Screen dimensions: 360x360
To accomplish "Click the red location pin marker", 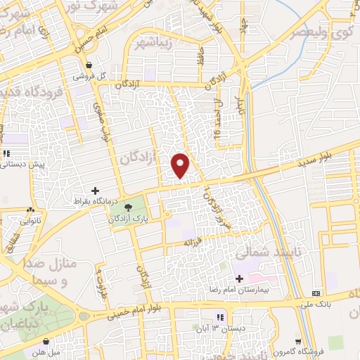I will (181, 165).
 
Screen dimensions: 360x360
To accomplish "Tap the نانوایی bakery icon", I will (30, 210).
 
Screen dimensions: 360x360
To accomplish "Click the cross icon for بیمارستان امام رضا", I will (240, 279).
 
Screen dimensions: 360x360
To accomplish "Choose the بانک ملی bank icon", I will (316, 292).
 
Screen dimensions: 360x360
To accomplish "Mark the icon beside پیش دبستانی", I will (6, 153).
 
